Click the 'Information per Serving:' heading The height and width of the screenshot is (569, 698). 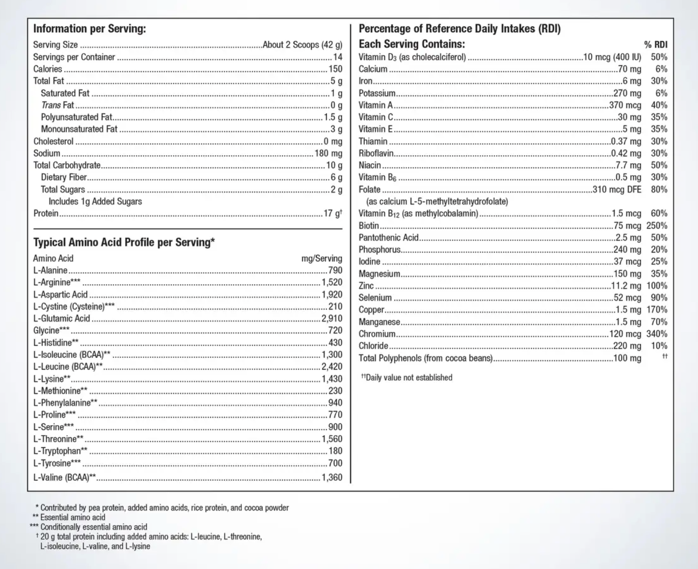tap(89, 29)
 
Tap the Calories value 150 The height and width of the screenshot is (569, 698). tap(335, 69)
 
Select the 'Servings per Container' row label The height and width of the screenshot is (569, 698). tap(74, 57)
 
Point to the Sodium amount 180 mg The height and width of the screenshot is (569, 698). tap(328, 153)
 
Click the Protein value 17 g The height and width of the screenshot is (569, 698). tap(333, 213)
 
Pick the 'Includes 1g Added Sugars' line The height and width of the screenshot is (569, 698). tap(95, 201)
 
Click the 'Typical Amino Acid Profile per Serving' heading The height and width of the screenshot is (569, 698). tap(124, 243)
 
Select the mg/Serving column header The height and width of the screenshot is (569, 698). tap(322, 258)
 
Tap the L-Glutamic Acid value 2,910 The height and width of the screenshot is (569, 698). tap(332, 318)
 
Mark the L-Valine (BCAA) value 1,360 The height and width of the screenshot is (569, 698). tap(332, 477)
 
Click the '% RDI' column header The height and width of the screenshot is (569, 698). tap(656, 45)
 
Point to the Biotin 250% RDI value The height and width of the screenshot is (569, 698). tap(657, 225)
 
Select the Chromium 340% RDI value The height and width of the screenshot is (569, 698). tap(657, 334)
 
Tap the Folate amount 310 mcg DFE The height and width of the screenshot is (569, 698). tap(617, 189)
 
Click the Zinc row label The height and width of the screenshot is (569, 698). tap(366, 286)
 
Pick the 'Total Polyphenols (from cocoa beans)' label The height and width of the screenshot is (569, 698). tap(425, 358)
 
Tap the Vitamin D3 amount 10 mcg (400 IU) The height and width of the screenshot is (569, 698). tap(612, 57)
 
